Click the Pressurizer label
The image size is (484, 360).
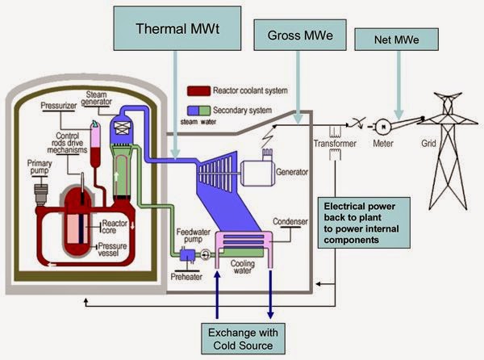click(x=60, y=107)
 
